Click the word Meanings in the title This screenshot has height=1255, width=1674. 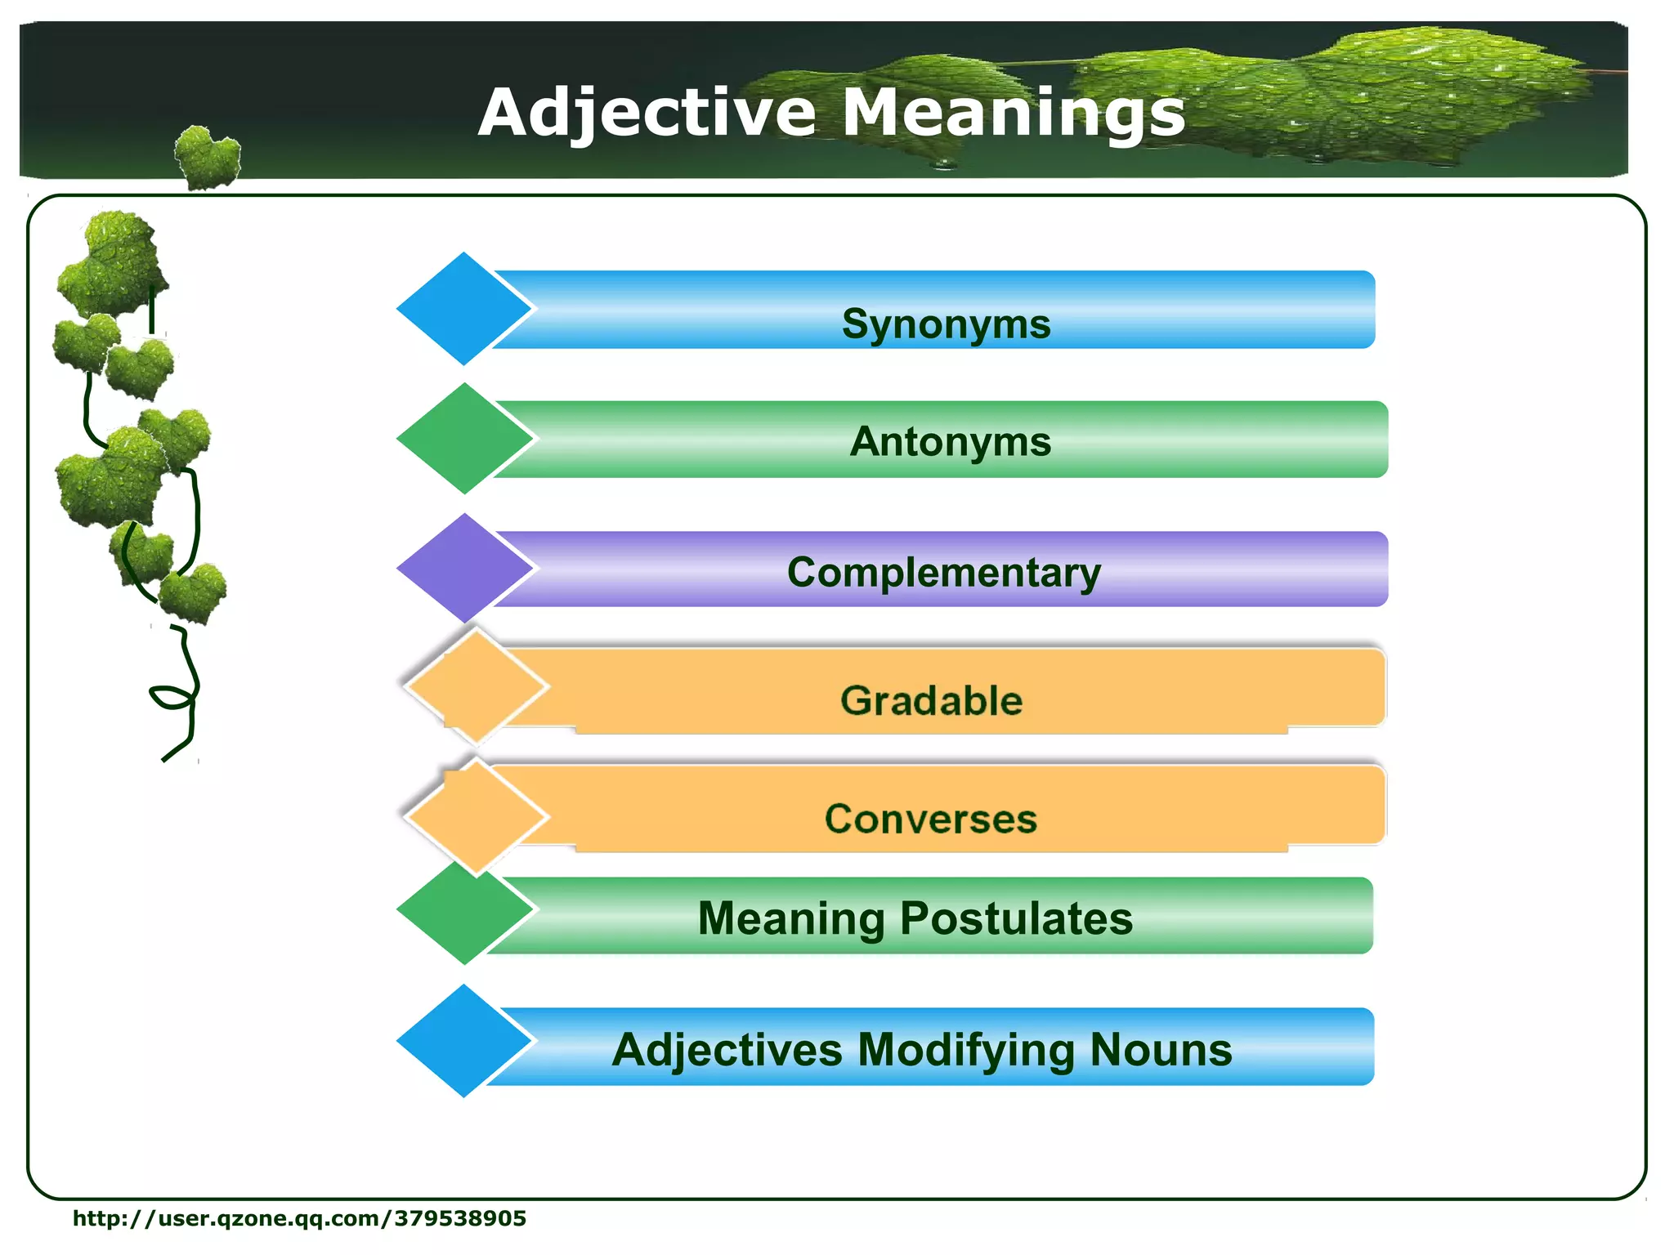coord(1014,113)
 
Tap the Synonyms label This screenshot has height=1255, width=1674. coord(946,324)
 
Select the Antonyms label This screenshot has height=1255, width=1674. coord(950,442)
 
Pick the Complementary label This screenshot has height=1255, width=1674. coord(944,572)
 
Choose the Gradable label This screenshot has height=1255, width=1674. coord(931,701)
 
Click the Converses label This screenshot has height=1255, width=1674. coord(930,819)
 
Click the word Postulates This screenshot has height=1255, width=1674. coord(1016,918)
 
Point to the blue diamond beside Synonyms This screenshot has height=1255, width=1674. coord(463,309)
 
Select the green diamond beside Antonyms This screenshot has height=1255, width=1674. coord(463,439)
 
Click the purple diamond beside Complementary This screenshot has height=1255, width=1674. coord(463,568)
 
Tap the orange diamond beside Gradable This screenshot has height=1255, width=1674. coord(476,687)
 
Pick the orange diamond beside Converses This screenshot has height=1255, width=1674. coord(476,815)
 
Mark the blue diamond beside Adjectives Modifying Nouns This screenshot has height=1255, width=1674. coord(463,1041)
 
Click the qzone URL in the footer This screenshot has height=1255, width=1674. coord(299,1218)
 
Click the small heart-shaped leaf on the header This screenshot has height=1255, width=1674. coord(208,158)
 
